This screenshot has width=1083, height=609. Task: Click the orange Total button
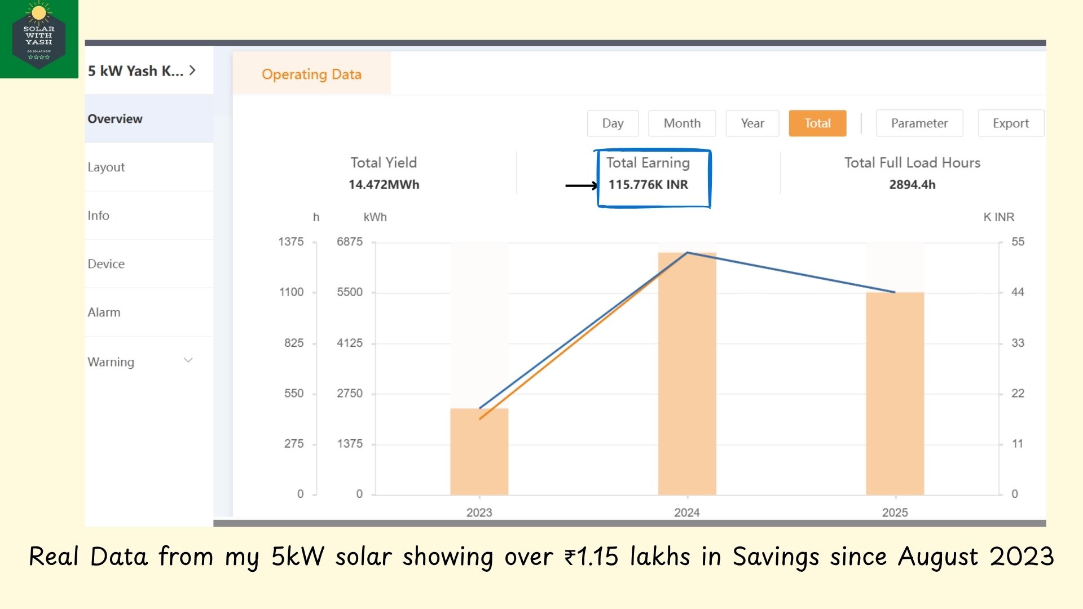coord(817,123)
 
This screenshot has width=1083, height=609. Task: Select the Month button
coord(682,123)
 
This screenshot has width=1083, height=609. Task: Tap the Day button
coord(613,123)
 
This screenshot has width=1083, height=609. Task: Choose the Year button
coord(752,123)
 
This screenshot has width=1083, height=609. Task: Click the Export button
coord(1010,123)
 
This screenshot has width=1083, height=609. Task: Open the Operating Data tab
coord(311,74)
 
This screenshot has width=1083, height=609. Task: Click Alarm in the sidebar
coord(104,312)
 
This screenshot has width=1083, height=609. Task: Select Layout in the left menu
coord(106,167)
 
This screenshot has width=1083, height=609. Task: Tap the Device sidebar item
coord(106,264)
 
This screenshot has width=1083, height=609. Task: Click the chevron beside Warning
coord(188,361)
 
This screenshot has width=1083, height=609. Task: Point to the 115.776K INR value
coord(648,184)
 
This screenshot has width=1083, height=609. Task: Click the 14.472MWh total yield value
coord(384,184)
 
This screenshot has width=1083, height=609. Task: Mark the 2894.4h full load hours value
coord(912,184)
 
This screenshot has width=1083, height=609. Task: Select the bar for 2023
coord(479,451)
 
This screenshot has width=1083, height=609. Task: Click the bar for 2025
coord(895,395)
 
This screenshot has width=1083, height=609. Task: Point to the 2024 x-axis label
coord(686,513)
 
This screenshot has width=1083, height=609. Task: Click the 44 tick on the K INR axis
coord(1018,292)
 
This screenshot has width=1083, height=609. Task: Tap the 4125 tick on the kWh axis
coord(350,343)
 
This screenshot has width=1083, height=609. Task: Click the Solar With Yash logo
coord(39,39)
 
